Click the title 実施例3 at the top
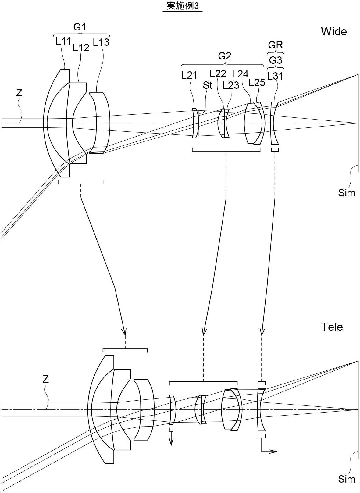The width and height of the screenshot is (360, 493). pos(183,6)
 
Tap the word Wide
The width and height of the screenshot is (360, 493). pos(333,32)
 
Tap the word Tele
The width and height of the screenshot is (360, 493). pos(332,327)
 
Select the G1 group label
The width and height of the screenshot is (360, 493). pos(80,27)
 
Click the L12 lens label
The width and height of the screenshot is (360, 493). pos(81,48)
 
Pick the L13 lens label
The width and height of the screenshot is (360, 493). pos(101,42)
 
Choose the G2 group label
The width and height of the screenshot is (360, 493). pos(225,56)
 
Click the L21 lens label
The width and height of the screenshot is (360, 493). pos(189,75)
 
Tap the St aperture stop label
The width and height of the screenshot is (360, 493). pos(207,85)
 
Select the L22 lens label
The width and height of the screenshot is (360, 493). pos(218,73)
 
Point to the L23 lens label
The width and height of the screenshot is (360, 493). pos(231,85)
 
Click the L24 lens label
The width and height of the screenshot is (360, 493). pos(240,74)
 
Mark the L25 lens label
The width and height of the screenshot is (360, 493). pos(257,82)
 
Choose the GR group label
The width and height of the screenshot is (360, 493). pos(276,45)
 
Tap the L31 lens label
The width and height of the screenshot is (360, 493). pos(275,76)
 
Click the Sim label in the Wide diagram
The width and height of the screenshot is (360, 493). pos(346,193)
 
